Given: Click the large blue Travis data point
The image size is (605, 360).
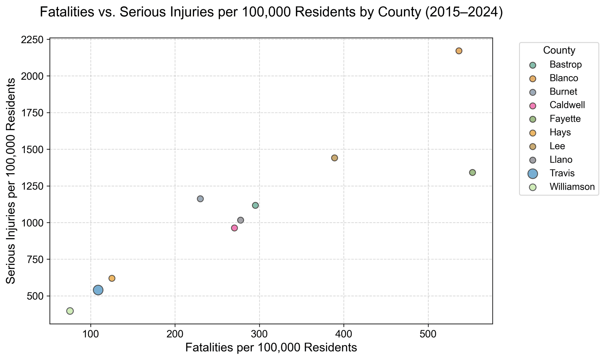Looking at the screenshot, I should tap(98, 290).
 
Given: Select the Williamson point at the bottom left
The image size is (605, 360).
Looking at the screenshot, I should tap(70, 311).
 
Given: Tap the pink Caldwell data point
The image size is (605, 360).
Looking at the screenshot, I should tap(234, 228).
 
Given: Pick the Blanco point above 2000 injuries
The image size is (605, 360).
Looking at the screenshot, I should tap(459, 51).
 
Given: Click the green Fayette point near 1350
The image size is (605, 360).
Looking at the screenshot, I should tap(472, 173).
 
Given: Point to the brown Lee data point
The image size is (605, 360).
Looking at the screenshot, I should tap(335, 158).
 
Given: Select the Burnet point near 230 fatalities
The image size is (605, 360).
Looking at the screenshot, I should tap(200, 199).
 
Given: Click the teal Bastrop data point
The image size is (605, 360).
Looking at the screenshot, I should tap(256, 205).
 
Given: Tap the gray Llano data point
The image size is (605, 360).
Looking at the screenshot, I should tap(240, 220).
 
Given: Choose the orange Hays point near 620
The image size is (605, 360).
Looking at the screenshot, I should tap(112, 278).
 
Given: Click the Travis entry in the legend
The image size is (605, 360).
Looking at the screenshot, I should tap(562, 173).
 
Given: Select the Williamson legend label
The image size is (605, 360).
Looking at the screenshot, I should tap(572, 187).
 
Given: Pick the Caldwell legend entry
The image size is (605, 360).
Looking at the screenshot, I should tap(567, 105).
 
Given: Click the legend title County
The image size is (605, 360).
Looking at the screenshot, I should tap(559, 50).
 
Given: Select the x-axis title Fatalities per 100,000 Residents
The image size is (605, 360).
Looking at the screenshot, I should tap(271, 348).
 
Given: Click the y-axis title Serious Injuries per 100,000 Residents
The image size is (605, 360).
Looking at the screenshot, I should tap(11, 181).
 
